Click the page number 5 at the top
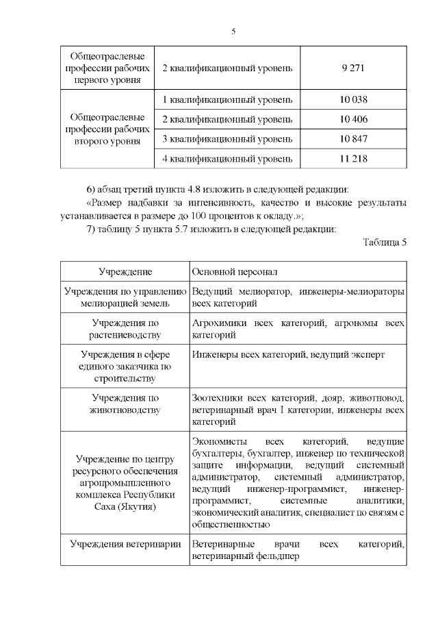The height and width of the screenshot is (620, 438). [233, 32]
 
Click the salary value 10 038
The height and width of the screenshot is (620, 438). [353, 100]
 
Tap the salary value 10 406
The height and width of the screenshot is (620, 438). [353, 120]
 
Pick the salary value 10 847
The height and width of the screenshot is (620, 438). [353, 140]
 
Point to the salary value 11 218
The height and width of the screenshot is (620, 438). [353, 159]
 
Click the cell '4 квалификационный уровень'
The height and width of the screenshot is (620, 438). [227, 159]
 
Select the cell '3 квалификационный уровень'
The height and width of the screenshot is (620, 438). [227, 140]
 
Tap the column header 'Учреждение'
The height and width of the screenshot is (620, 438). [125, 272]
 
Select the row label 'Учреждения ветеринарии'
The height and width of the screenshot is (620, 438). [125, 545]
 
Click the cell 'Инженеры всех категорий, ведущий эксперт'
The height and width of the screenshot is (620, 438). [288, 355]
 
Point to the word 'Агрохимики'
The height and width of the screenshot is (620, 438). [217, 323]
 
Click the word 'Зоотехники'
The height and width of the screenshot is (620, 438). [217, 397]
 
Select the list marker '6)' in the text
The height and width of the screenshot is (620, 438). [90, 188]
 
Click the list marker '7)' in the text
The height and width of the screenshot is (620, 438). [90, 229]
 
